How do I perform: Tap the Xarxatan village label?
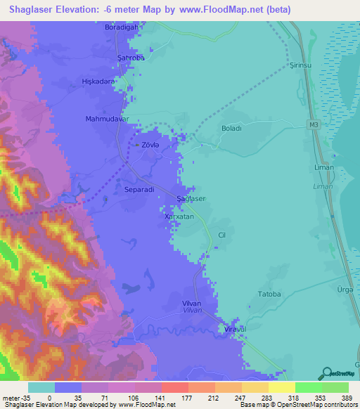click(179, 217)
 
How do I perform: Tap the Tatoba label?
click(269, 294)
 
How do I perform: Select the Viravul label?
click(235, 329)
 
